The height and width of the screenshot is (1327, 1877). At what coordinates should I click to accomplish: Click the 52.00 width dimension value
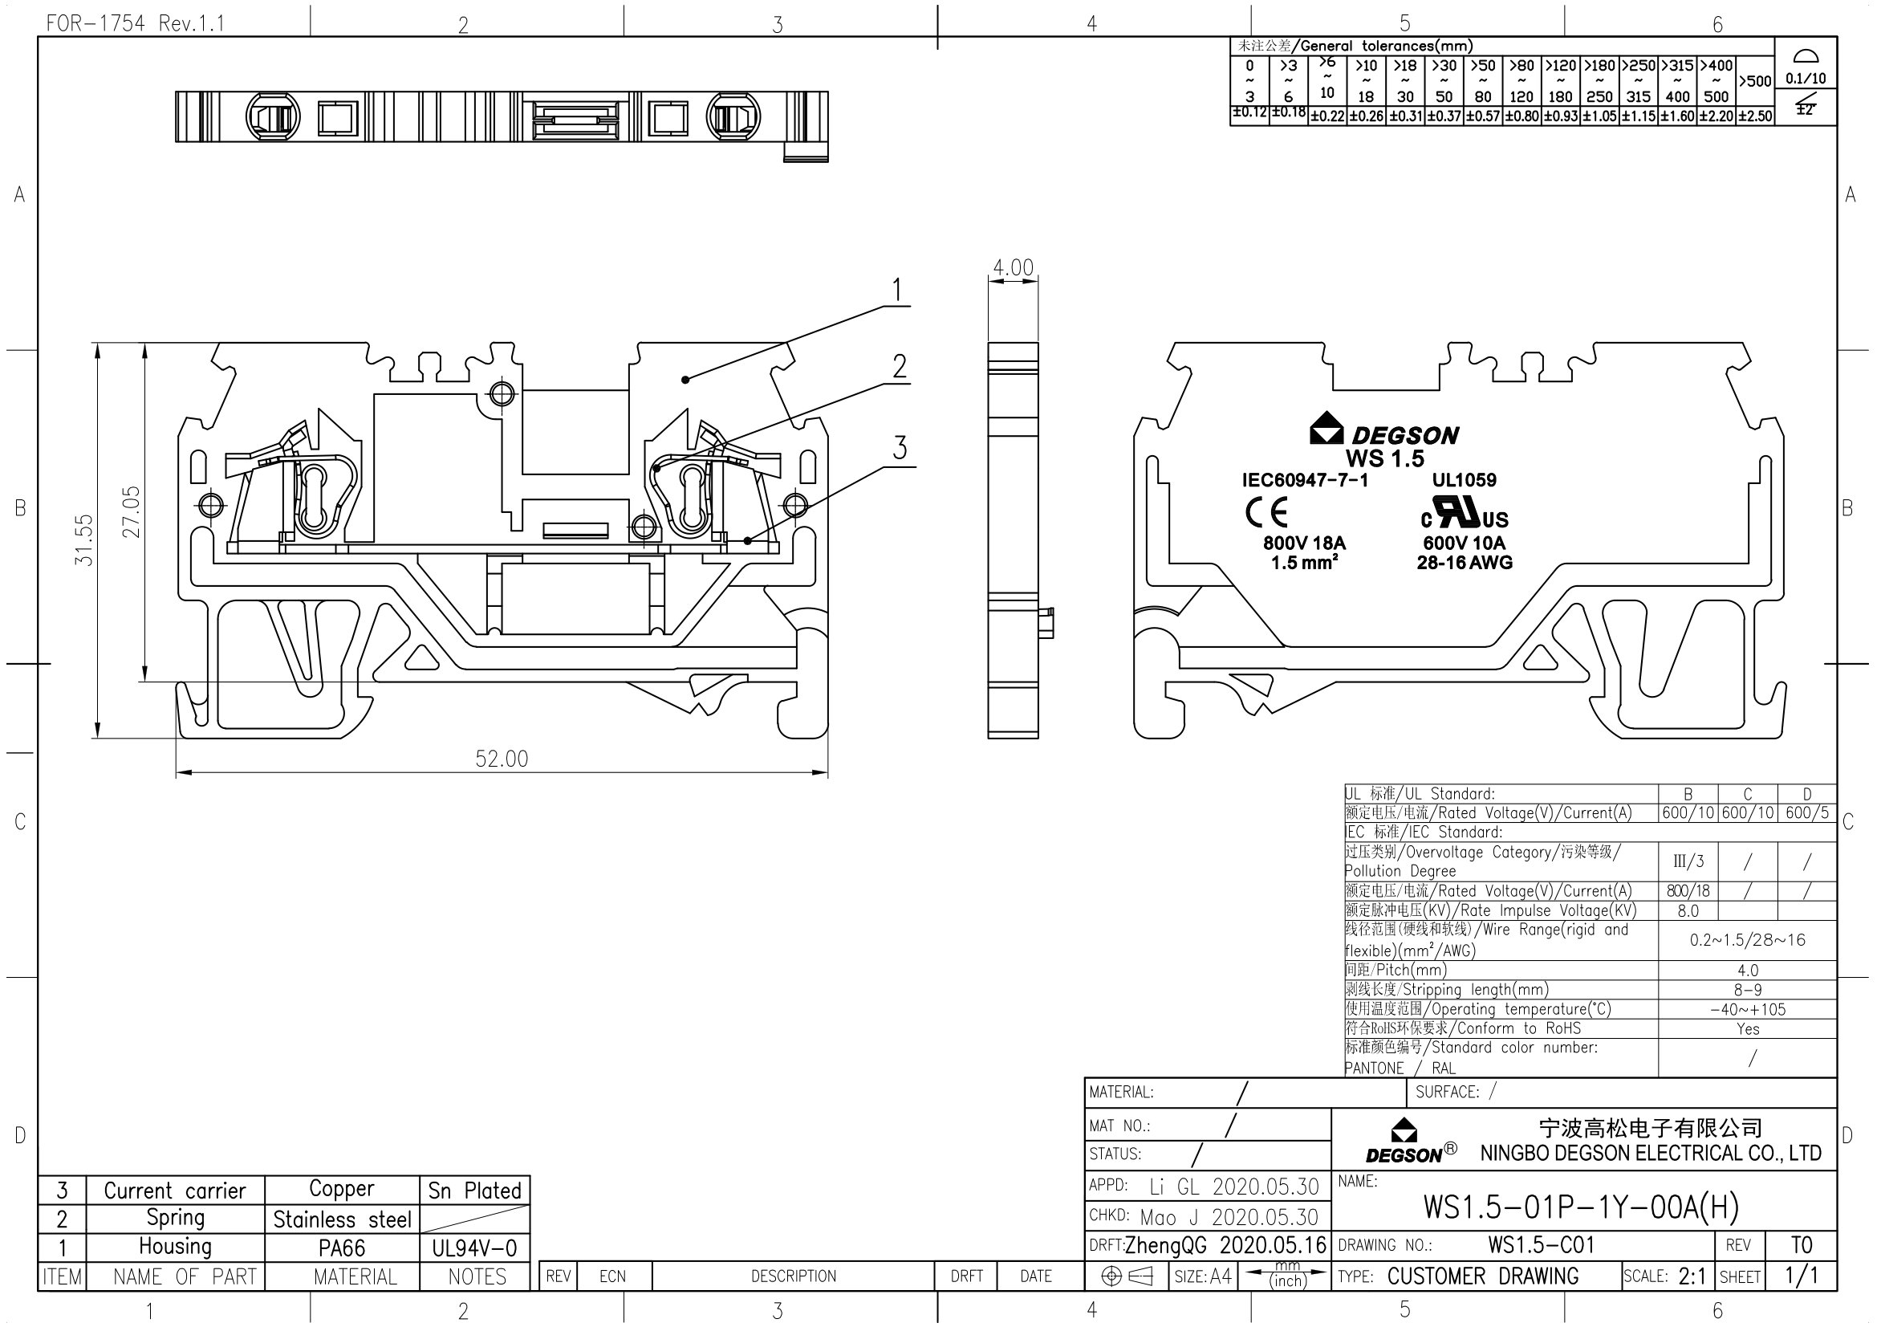coord(501,759)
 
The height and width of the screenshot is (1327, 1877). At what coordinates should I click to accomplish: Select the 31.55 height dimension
coord(84,539)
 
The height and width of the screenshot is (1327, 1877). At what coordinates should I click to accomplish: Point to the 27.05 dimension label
coord(132,512)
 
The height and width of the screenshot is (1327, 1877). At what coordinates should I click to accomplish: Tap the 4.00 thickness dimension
coord(1013,267)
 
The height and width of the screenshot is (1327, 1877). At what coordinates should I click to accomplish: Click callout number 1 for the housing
coord(897,291)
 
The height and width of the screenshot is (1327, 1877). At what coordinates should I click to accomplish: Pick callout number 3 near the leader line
coord(900,448)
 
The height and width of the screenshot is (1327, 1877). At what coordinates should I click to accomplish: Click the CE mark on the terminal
coord(1266,513)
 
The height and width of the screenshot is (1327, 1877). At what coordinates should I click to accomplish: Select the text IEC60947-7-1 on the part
coord(1305,480)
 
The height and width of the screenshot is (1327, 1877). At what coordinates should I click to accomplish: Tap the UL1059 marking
coord(1465,480)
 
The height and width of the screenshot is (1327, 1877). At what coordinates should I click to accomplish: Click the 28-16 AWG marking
coord(1465,563)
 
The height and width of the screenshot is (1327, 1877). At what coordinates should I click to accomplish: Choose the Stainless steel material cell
coord(342,1220)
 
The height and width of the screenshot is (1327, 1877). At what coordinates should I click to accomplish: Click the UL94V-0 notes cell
coord(474,1248)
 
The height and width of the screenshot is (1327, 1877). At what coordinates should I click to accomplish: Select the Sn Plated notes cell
coord(474,1191)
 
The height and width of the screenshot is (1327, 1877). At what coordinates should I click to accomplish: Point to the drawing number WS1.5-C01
coord(1541,1245)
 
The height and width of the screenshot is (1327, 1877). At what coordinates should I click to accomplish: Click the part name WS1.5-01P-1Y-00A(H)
coord(1581,1207)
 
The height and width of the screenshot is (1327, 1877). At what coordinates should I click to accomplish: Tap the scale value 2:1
coord(1692,1276)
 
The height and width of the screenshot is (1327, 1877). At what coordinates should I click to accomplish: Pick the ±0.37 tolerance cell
coord(1444,116)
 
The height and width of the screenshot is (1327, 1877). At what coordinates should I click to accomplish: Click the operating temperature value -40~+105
coord(1747,1009)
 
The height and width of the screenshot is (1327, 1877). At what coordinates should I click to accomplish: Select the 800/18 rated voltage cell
coord(1688,891)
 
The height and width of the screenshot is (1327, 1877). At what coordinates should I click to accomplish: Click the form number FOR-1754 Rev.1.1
coord(135,23)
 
